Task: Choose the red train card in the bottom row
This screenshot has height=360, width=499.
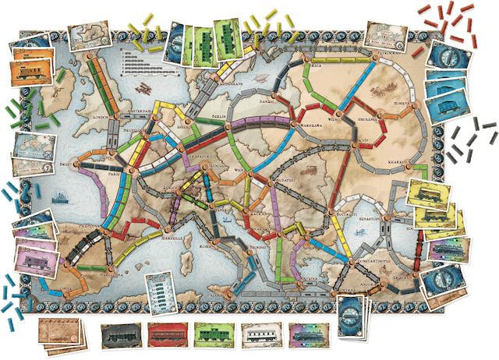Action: [167, 336]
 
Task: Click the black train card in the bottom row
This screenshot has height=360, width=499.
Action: [121, 336]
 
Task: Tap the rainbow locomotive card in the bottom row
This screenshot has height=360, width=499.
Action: [307, 336]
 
